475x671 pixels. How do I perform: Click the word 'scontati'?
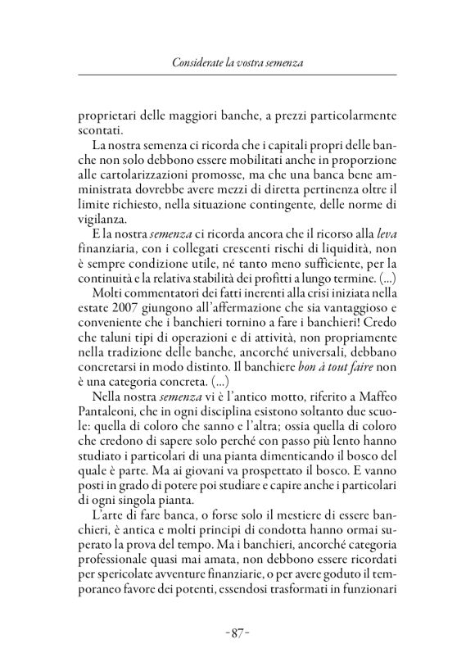tap(102, 129)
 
